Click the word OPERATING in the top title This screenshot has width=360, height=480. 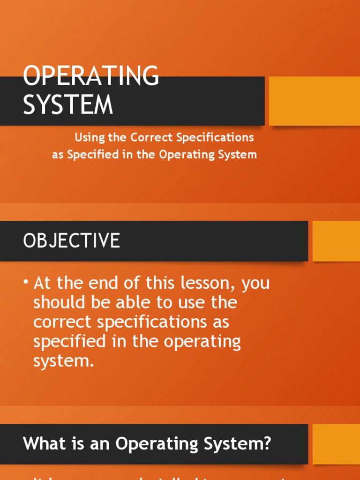coord(91,75)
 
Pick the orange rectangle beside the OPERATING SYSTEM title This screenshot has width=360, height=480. coord(314,101)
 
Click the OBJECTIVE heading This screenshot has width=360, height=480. coord(72,241)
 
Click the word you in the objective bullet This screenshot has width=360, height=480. coord(255,284)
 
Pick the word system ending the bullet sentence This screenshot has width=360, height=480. coord(61,361)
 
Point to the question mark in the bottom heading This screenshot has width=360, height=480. coord(267,443)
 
